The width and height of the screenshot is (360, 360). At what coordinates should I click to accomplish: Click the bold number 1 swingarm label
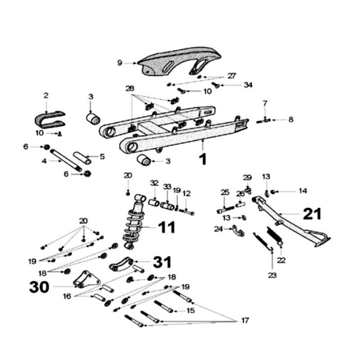[x=203, y=159]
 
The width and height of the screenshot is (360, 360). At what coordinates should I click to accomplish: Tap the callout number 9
[x=119, y=63]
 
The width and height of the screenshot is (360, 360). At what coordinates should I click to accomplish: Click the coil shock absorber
[x=133, y=221]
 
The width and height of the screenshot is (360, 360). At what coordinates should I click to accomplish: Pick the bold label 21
[x=312, y=213]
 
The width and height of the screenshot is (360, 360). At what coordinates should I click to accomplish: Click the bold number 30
[x=39, y=286]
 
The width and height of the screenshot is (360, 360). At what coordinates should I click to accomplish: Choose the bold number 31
[x=163, y=262]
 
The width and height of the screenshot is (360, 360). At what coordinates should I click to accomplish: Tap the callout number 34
[x=248, y=84]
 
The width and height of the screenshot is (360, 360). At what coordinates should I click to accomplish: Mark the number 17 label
[x=244, y=320]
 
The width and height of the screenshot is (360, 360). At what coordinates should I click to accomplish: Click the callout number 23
[x=272, y=275]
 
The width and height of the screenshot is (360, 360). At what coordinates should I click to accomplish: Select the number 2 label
[x=46, y=96]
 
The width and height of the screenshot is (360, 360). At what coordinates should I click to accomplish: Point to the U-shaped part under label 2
[x=49, y=120]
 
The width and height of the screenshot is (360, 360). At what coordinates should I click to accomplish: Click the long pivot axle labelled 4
[x=65, y=161]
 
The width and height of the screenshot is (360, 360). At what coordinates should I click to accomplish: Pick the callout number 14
[x=302, y=191]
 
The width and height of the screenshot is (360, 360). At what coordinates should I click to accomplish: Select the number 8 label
[x=291, y=119]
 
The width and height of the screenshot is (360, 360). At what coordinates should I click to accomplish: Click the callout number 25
[x=224, y=192]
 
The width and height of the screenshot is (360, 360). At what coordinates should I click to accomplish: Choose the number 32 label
[x=154, y=183]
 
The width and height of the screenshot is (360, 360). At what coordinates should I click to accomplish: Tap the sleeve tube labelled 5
[x=82, y=156]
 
